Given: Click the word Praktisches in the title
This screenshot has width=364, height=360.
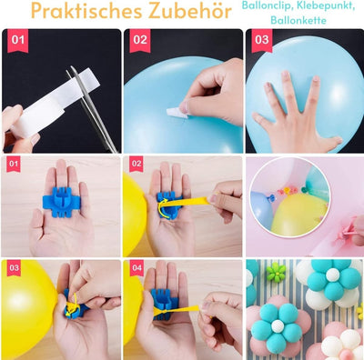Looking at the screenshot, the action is point(86,12).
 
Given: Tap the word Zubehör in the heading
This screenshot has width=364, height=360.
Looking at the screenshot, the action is point(189,11).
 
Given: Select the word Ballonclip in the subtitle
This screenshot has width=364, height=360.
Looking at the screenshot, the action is point(267,6).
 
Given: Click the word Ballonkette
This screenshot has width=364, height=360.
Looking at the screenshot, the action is point(298,20).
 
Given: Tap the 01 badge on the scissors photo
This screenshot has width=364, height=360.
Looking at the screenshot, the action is point(17,40).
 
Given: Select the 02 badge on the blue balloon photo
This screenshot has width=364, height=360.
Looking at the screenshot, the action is point(140,40).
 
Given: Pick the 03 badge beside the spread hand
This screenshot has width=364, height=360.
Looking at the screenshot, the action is point(262,40).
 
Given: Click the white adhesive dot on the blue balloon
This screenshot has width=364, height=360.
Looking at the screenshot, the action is point(177,113).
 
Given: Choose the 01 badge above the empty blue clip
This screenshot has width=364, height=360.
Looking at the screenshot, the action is point(14,164).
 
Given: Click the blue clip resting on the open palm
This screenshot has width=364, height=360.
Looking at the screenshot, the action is point(61,198).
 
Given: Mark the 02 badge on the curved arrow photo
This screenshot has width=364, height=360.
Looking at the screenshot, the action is point(136,164).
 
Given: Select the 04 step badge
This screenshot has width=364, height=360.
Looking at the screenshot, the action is point(136,268).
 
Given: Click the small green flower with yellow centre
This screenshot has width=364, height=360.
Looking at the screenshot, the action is point(276,273).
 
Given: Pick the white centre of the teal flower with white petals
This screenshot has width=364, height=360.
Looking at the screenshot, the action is point(333,275).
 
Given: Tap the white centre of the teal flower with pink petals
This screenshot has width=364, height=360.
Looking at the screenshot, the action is point(278,325).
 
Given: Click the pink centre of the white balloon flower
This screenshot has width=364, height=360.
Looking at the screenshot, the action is point(346,355).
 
